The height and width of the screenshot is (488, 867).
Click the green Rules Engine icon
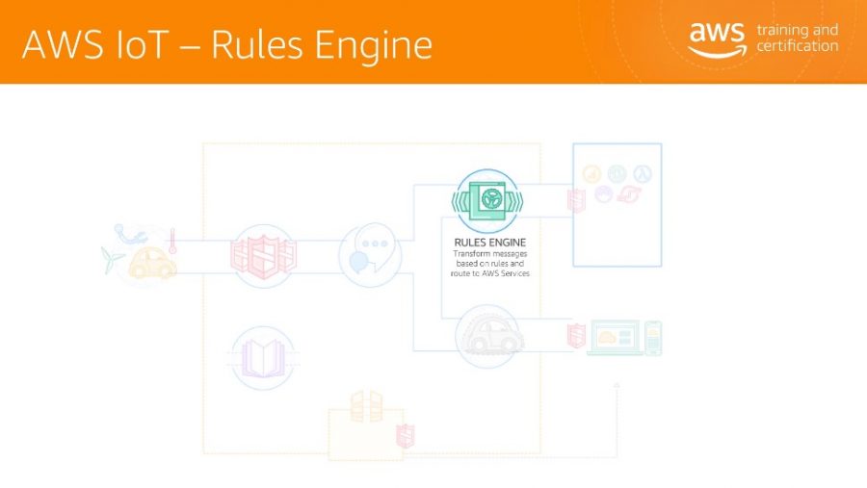(x=487, y=200)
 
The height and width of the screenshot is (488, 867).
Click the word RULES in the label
(x=470, y=242)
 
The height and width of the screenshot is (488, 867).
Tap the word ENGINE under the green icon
(x=508, y=242)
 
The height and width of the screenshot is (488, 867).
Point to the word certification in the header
(x=798, y=46)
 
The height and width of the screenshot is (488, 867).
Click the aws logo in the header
(x=717, y=39)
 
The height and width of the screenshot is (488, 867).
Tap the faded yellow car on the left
(x=152, y=263)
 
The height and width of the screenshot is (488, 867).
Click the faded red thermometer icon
(x=172, y=241)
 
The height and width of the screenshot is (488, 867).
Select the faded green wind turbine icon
(x=113, y=259)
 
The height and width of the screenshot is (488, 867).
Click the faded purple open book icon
(x=263, y=358)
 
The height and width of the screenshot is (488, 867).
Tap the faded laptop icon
(x=616, y=338)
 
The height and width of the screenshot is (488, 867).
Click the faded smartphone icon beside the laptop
(x=653, y=338)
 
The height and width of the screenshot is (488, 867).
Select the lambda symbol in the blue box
(x=643, y=173)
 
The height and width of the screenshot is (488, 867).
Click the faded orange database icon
(x=366, y=406)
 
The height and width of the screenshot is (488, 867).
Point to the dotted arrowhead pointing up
(x=617, y=385)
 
